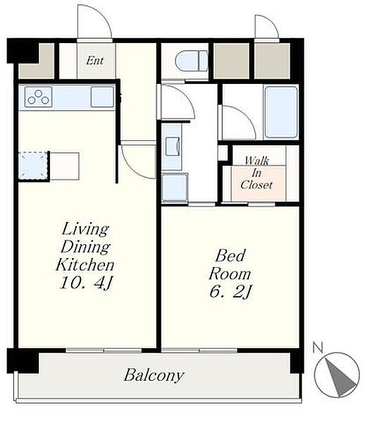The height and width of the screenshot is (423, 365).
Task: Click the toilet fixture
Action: (x=192, y=61)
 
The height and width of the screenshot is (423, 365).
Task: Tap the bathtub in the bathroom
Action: (x=281, y=112)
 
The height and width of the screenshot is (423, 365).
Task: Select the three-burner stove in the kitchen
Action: (x=38, y=97)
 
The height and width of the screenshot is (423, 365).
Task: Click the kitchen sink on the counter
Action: (x=102, y=97)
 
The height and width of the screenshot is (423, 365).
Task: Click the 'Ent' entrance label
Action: (x=94, y=61)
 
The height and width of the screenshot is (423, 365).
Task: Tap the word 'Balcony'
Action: (x=154, y=375)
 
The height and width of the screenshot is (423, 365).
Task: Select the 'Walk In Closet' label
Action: (x=256, y=173)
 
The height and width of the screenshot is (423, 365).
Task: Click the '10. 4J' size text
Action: (x=86, y=283)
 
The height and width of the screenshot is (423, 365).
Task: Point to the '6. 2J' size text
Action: (x=230, y=292)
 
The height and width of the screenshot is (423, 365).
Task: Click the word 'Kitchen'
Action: (x=85, y=264)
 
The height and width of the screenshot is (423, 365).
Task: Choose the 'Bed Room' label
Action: (x=230, y=264)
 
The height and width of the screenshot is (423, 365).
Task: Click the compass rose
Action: (x=337, y=374)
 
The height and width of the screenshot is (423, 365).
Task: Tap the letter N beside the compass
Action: (x=318, y=348)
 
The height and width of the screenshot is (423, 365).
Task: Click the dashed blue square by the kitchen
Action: (x=33, y=166)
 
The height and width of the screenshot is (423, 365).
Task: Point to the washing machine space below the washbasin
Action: (x=175, y=188)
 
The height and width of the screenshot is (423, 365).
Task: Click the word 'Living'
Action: (x=85, y=229)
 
